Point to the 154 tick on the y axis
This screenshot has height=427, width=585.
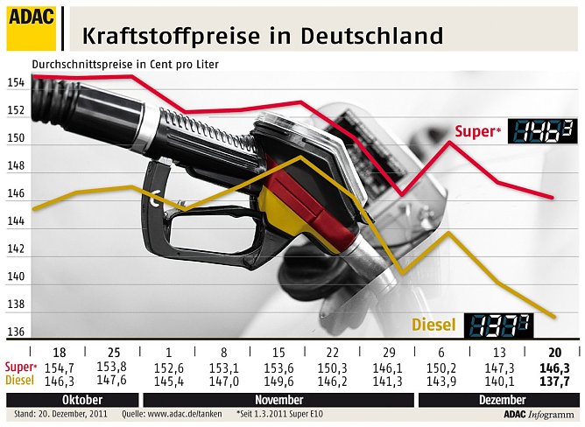(x=16, y=83)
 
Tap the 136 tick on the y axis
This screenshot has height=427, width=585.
(x=16, y=332)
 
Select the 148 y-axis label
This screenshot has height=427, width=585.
(x=16, y=166)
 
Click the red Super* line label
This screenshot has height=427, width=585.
(x=477, y=132)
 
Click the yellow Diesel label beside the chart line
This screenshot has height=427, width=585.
(x=433, y=325)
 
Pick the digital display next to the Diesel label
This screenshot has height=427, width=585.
(x=496, y=326)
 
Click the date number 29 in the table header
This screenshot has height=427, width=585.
(x=391, y=352)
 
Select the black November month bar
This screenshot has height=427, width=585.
(x=275, y=398)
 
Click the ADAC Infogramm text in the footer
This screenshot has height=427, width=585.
(x=542, y=415)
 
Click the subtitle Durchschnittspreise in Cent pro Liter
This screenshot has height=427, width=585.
(x=125, y=65)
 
